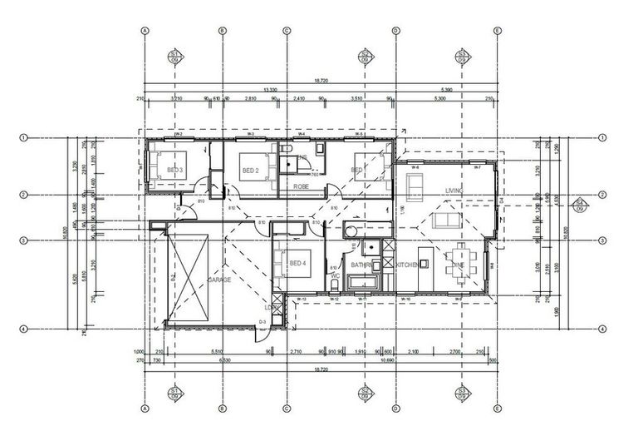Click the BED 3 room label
pyautogui.click(x=174, y=171)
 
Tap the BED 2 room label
pyautogui.click(x=251, y=171)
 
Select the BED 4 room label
pyautogui.click(x=297, y=264)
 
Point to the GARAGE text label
pyautogui.click(x=219, y=280)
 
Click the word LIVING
pyautogui.click(x=454, y=191)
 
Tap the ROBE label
pyautogui.click(x=301, y=187)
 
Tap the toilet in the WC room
pyautogui.click(x=334, y=286)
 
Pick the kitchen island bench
pyautogui.click(x=424, y=265)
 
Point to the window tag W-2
pyautogui.click(x=178, y=134)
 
